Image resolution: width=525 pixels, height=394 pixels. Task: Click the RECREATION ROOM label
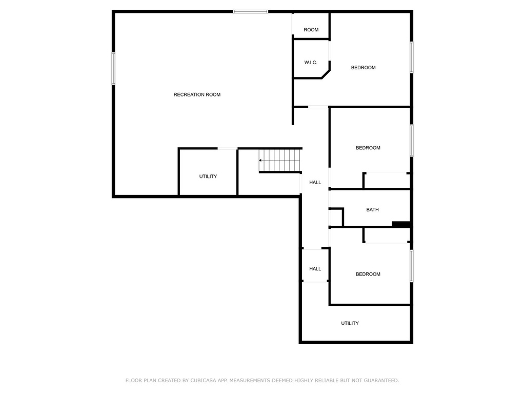[197, 94]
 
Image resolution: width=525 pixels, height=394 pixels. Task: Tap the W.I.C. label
[311, 62]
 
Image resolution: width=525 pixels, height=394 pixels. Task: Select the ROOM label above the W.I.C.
[311, 29]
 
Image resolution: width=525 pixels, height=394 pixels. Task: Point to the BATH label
[372, 209]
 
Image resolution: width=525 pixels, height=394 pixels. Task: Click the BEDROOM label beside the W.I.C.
[364, 67]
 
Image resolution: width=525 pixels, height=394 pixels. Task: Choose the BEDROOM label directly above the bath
[368, 147]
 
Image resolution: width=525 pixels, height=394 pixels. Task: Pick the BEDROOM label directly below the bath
[368, 274]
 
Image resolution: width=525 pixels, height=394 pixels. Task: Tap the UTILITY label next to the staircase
[208, 176]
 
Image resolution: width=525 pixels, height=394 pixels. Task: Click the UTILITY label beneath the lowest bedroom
[350, 323]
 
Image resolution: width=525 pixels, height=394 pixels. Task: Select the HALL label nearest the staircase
[315, 182]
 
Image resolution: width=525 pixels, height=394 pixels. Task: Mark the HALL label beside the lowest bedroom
[315, 269]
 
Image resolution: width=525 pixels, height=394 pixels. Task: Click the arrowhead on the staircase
[260, 161]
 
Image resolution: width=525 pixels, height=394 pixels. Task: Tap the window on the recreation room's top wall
[250, 12]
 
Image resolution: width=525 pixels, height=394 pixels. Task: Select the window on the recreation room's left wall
[113, 68]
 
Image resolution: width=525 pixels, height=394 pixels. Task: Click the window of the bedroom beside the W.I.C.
[412, 57]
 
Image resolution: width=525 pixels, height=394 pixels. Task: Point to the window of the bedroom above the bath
[412, 141]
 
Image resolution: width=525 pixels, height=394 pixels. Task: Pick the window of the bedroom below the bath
[412, 266]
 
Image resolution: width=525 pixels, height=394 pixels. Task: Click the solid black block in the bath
[401, 224]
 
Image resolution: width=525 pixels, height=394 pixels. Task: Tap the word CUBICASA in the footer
[203, 380]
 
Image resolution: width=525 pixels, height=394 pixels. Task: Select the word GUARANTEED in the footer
[381, 380]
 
